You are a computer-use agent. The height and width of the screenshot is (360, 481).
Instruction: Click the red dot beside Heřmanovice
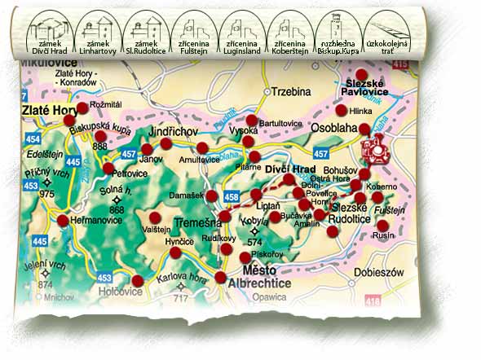coord(63,220)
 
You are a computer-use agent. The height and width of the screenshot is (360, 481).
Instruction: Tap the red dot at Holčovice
coord(137,281)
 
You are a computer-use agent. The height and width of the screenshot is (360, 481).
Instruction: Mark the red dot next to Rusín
coord(382,225)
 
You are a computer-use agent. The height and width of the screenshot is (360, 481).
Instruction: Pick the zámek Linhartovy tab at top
coord(97,34)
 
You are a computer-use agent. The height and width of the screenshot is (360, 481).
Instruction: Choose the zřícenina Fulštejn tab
coord(196,34)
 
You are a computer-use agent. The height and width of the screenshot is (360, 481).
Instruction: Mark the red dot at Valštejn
coord(156,217)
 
